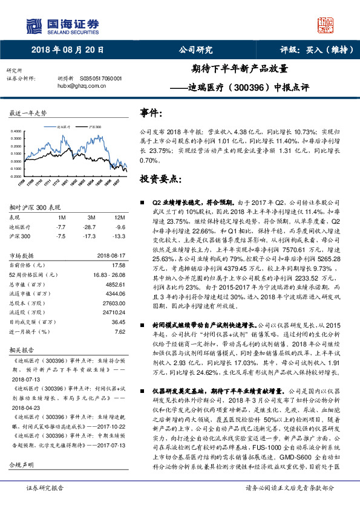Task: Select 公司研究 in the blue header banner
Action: click(196, 51)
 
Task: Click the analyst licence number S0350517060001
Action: click(101, 79)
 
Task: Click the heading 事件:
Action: click(151, 113)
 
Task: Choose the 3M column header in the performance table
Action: click(91, 216)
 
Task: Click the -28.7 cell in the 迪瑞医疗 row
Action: click(91, 226)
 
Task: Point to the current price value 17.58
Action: click(119, 265)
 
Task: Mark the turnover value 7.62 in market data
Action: click(120, 331)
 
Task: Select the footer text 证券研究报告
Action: click(44, 504)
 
